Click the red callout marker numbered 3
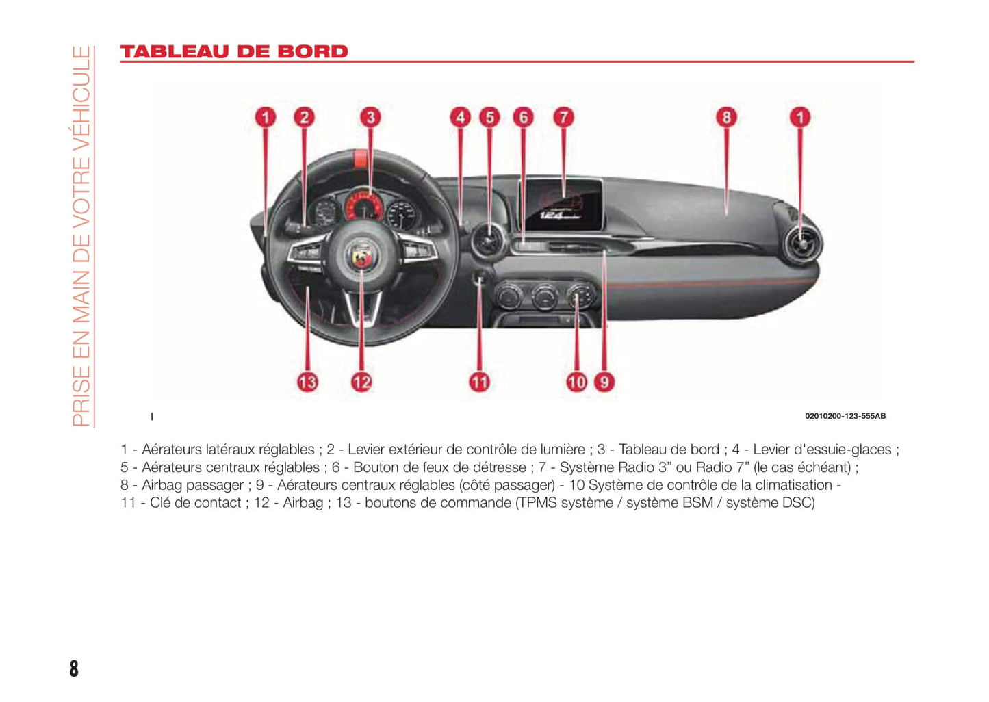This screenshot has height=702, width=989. tap(370, 117)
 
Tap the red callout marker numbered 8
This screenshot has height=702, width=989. tap(726, 117)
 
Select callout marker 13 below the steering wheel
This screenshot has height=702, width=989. tap(307, 382)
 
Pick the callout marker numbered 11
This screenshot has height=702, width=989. tap(479, 382)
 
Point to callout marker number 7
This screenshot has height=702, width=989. tap(563, 117)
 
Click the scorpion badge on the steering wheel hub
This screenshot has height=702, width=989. tap(361, 257)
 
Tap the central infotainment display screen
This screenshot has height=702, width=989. tap(563, 204)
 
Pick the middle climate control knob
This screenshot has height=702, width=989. tap(544, 297)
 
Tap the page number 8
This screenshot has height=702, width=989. tap(74, 668)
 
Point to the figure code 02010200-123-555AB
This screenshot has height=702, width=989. tap(845, 416)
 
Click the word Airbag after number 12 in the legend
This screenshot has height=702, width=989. tap(303, 503)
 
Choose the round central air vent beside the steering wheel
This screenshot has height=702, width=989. tap(489, 240)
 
